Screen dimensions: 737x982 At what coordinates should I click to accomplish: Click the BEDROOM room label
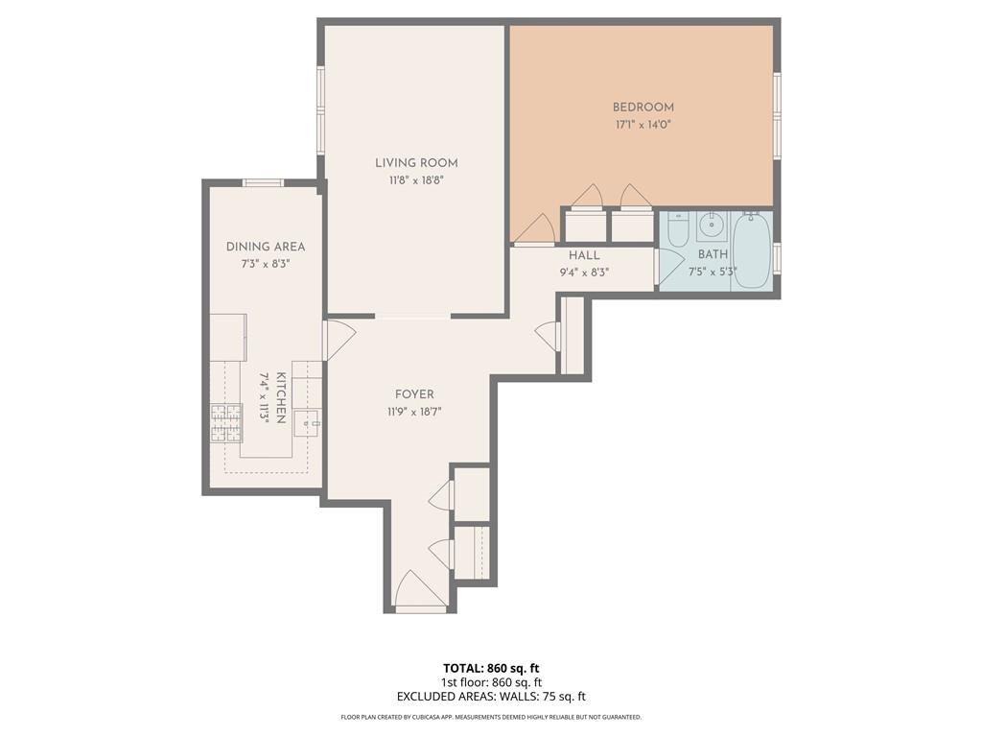pos(643,107)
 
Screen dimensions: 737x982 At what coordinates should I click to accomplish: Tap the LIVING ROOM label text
pos(416,163)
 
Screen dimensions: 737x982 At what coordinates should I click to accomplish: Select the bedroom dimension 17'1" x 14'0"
pos(643,125)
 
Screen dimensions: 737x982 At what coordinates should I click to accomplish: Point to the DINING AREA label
pos(266,247)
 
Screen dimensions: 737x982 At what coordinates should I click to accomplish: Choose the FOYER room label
pos(414,394)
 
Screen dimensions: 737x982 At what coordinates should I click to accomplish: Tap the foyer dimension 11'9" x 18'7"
pos(414,412)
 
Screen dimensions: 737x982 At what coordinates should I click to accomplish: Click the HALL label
pos(584,255)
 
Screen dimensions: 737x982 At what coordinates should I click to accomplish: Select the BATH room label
pos(713,254)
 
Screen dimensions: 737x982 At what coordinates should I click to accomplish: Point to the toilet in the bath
pos(678,229)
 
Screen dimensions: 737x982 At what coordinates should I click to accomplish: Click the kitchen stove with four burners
pos(226,422)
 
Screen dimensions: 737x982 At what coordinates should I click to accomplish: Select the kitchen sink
pos(308,421)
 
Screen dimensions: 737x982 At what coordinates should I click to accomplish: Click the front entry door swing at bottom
pos(418,590)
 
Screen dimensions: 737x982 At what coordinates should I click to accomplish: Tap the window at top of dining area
pos(263,182)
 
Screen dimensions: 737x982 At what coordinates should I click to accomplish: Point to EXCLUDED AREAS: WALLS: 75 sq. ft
pos(491,697)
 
